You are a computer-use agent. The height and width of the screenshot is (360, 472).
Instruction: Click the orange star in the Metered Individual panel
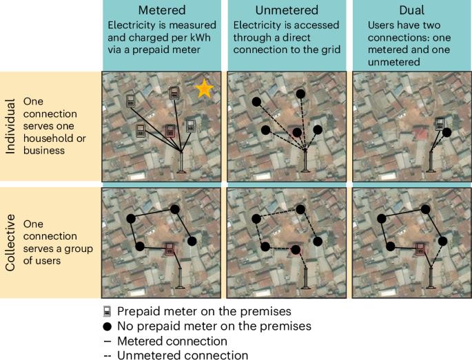[203, 89]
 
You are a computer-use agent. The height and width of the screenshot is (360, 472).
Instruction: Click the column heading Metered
[161, 11]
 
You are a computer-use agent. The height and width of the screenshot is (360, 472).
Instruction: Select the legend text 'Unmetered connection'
[182, 355]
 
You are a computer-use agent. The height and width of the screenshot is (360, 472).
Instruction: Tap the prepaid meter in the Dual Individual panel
[439, 124]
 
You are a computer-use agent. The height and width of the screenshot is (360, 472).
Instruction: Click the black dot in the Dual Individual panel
[447, 131]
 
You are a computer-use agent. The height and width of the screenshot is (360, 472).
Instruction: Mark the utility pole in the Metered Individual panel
[181, 162]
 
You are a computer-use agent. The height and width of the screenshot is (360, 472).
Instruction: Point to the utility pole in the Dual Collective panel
[431, 277]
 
